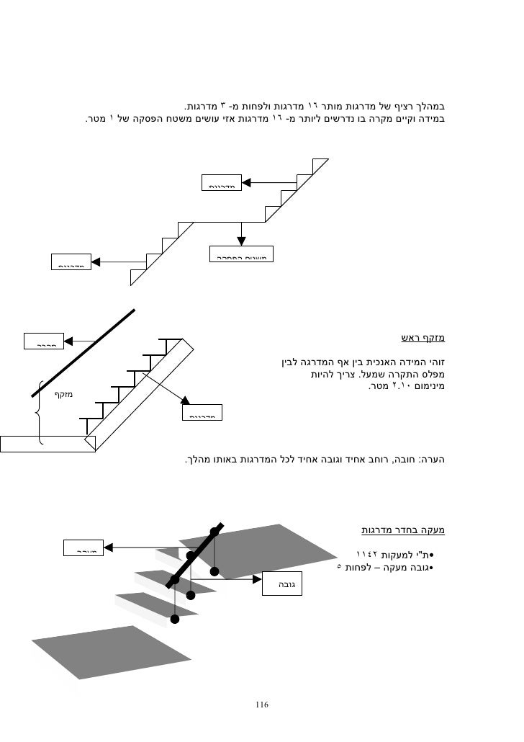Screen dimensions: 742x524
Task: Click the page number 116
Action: pyautogui.click(x=261, y=704)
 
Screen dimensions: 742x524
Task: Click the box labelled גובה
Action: pyautogui.click(x=281, y=584)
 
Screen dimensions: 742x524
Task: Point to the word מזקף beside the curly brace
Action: pyautogui.click(x=65, y=394)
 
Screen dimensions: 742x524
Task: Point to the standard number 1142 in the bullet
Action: pyautogui.click(x=371, y=555)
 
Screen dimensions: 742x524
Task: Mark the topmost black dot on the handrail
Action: pyautogui.click(x=214, y=532)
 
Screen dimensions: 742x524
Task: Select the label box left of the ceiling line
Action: pyautogui.click(x=45, y=341)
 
